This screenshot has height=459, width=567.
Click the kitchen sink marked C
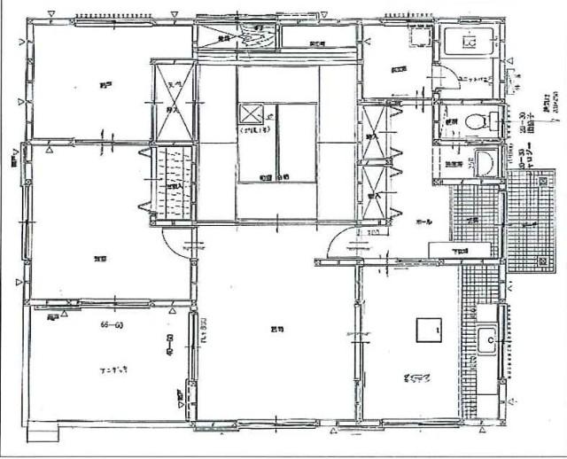coord(486,340)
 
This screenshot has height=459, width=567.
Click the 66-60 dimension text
coord(111,326)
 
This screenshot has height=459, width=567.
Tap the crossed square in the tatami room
coord(251,115)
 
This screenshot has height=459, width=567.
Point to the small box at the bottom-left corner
coord(43,434)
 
